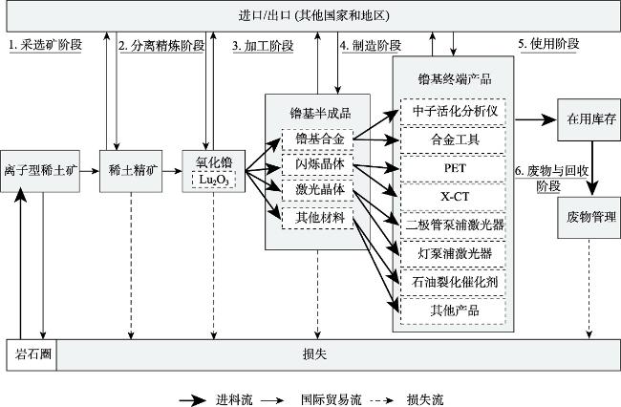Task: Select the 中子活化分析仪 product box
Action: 454,111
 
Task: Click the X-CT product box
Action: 454,196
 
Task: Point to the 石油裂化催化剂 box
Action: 454,282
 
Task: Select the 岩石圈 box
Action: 32,354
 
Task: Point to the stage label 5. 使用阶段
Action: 549,44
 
